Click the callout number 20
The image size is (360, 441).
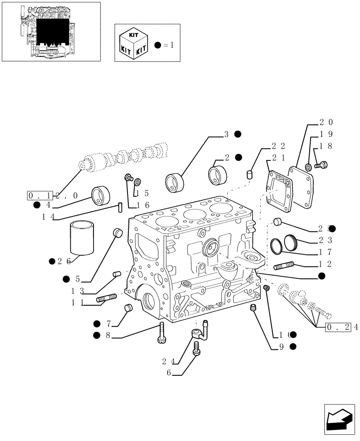click(326, 123)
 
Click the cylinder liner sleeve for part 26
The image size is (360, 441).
click(82, 238)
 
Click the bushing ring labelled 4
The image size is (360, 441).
click(101, 195)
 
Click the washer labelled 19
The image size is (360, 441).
click(308, 167)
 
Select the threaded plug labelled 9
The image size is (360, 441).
click(253, 309)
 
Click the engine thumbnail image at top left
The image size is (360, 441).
click(51, 31)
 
